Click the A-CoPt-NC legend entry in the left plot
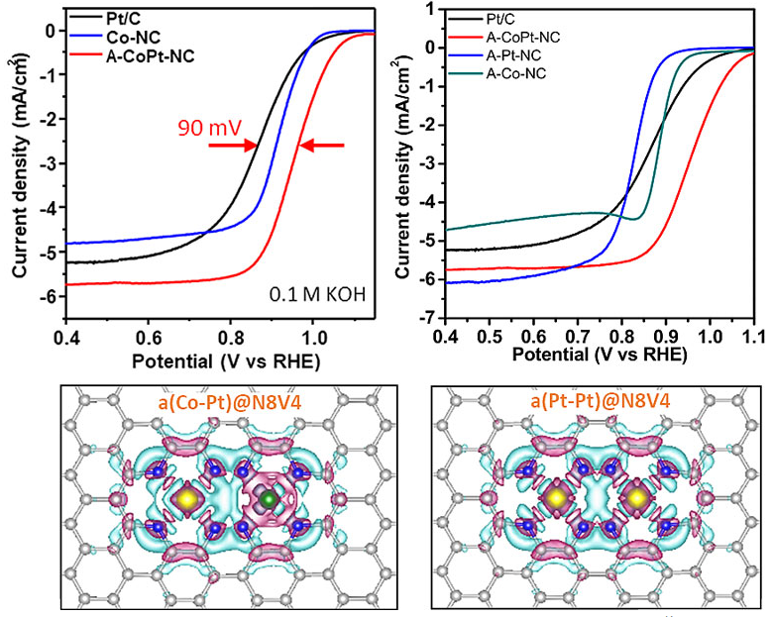point(144,55)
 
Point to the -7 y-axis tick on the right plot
point(428,319)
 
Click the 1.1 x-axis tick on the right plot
point(753,336)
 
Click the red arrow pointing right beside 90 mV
point(229,146)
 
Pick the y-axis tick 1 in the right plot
point(431,9)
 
